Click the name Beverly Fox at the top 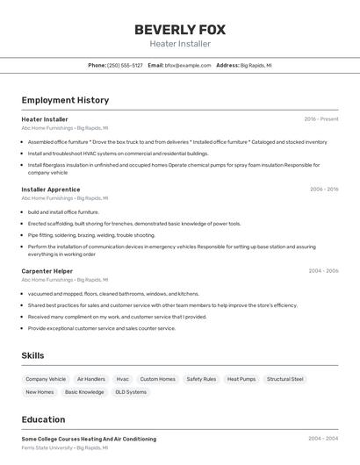[x=179, y=29]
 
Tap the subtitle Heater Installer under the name [x=179, y=44]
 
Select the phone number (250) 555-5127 [x=125, y=65]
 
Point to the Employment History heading [x=65, y=100]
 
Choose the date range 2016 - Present [x=321, y=118]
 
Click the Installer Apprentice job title [x=50, y=190]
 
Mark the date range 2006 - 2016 [x=323, y=190]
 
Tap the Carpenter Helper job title [x=47, y=271]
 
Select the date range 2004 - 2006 [x=323, y=271]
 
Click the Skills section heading [x=32, y=355]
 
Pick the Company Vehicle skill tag [x=46, y=379]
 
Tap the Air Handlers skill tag [x=91, y=379]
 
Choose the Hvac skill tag [x=123, y=379]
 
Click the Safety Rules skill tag [x=201, y=379]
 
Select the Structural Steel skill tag [x=284, y=379]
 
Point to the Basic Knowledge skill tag [x=84, y=392]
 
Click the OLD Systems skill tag [x=131, y=392]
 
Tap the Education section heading [x=43, y=419]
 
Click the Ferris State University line [x=64, y=447]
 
